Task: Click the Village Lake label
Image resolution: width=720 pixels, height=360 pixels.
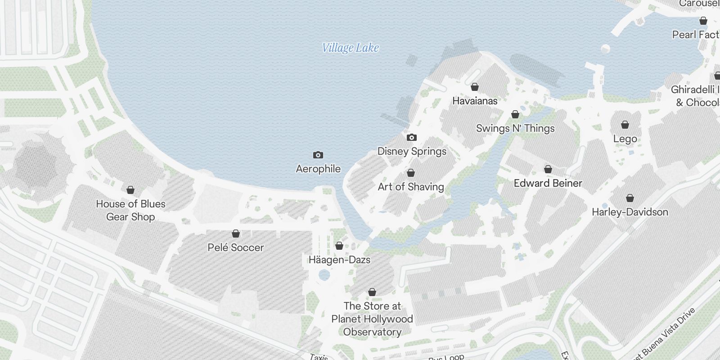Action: (x=350, y=48)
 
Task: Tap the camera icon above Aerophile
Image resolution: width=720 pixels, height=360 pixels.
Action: (x=318, y=155)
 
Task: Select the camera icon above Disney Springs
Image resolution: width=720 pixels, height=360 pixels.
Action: (x=411, y=137)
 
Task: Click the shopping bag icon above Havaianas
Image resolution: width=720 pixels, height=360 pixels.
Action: (x=474, y=87)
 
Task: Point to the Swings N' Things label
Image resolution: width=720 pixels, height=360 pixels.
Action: (x=515, y=128)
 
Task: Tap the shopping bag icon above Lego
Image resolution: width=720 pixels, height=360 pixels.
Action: (x=625, y=124)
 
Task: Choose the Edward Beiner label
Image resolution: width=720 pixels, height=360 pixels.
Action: (x=548, y=183)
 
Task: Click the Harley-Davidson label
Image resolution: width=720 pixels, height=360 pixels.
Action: (x=630, y=212)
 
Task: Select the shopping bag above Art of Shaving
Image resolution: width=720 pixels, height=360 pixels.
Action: (x=410, y=173)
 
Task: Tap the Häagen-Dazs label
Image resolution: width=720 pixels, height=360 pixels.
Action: (x=339, y=260)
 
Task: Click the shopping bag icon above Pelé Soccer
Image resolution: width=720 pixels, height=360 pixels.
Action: (x=235, y=234)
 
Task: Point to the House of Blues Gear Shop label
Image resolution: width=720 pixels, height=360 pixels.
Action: (x=130, y=210)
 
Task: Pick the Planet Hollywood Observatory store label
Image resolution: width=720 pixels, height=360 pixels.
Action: (x=372, y=319)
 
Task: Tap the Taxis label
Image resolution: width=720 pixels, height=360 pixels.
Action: (x=319, y=357)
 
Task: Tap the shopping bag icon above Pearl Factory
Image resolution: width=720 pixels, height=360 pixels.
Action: (x=703, y=21)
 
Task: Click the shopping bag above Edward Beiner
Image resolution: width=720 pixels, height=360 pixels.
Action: (x=548, y=169)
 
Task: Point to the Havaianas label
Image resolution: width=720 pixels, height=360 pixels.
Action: (x=475, y=101)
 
